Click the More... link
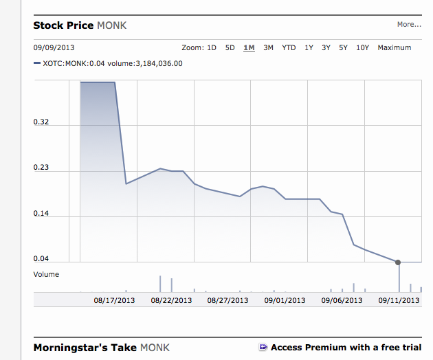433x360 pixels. click(408, 25)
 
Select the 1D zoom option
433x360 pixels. click(212, 48)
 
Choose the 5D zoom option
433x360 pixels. click(230, 48)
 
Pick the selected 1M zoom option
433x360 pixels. click(249, 48)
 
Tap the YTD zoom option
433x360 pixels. click(289, 48)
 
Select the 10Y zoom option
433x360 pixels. click(362, 48)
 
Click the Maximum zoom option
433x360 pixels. click(395, 48)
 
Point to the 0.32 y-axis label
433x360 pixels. click(41, 123)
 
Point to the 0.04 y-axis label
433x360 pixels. click(41, 259)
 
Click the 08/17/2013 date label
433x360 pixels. click(115, 300)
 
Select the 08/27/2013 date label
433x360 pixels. click(227, 300)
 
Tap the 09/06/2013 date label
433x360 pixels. click(342, 300)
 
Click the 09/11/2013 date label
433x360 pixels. click(399, 300)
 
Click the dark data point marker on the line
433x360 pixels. click(399, 262)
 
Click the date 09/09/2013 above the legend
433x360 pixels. click(53, 48)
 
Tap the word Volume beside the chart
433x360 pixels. click(46, 274)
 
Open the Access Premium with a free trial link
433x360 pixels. click(346, 348)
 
